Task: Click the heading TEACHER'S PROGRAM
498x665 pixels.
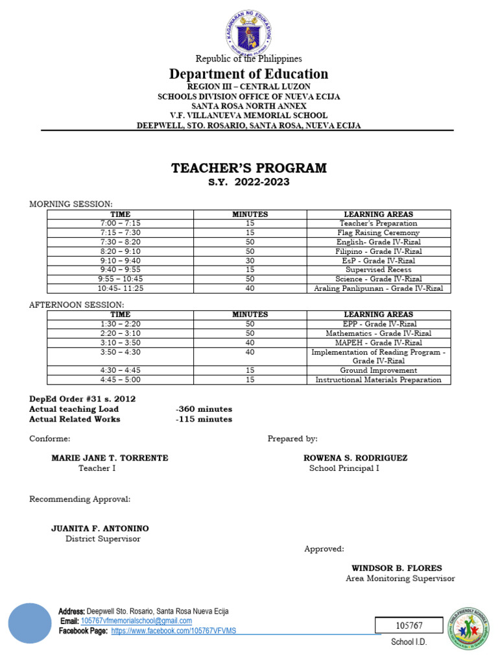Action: pyautogui.click(x=249, y=169)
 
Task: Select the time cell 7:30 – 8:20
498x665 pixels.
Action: pyautogui.click(x=120, y=242)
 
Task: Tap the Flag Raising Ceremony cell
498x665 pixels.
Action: pyautogui.click(x=379, y=232)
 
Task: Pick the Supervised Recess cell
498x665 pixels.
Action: pyautogui.click(x=379, y=270)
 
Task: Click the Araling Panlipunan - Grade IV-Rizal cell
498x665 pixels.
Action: pyautogui.click(x=379, y=288)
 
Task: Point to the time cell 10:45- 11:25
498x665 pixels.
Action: pyautogui.click(x=120, y=288)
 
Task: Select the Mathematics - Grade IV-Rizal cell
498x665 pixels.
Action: pyautogui.click(x=379, y=333)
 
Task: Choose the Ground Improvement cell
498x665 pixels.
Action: pyautogui.click(x=379, y=370)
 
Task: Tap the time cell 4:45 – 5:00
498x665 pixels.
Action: pyautogui.click(x=120, y=380)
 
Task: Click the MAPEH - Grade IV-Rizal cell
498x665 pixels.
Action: pyautogui.click(x=379, y=342)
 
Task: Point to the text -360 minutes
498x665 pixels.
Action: pyautogui.click(x=204, y=409)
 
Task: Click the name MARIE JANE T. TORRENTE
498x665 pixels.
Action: pyautogui.click(x=110, y=458)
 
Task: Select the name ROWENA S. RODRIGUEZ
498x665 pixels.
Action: pyautogui.click(x=355, y=458)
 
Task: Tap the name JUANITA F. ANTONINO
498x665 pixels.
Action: pyautogui.click(x=100, y=529)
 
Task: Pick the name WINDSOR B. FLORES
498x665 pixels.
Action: pyautogui.click(x=397, y=568)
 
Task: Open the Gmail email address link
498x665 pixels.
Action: pyautogui.click(x=136, y=621)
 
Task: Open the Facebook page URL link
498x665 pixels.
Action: pyautogui.click(x=174, y=631)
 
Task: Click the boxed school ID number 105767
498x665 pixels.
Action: pyautogui.click(x=409, y=625)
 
